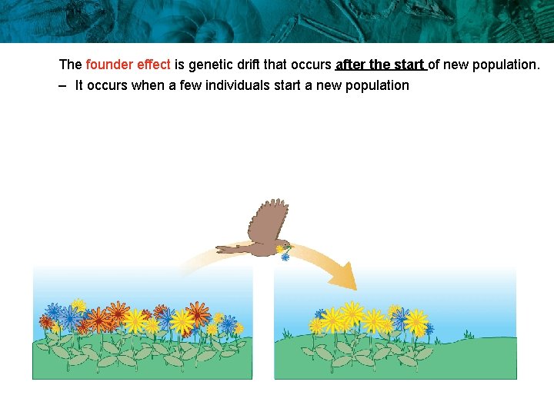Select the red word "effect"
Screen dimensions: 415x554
coord(152,65)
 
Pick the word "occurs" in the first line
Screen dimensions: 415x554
coord(310,65)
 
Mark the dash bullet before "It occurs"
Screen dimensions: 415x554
coord(62,85)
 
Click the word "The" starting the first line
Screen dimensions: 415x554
coord(70,65)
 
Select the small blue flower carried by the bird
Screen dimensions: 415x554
coord(285,257)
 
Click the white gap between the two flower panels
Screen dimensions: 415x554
coord(263,323)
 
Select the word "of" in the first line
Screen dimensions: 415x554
coord(434,65)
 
